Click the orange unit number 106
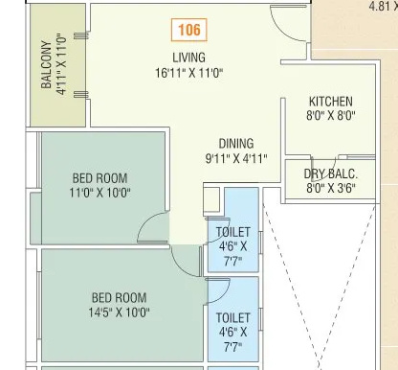pos(190,31)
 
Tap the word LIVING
pos(188,58)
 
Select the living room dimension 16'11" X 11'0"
pos(188,73)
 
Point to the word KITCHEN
pos(331,102)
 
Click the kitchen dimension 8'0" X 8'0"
pos(331,116)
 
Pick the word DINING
pos(235,144)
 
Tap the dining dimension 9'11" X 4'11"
pos(235,159)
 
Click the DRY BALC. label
pos(331,173)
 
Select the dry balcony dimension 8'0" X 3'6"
pos(331,188)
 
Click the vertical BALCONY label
pos(46,64)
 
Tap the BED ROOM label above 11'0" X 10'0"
pos(99,178)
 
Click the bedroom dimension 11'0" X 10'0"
pos(99,193)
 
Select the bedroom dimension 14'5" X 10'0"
pos(119,312)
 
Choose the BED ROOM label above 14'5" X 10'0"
pos(119,297)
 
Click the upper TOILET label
pos(233,232)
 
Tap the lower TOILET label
pos(233,317)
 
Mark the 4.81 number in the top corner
pos(382,5)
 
